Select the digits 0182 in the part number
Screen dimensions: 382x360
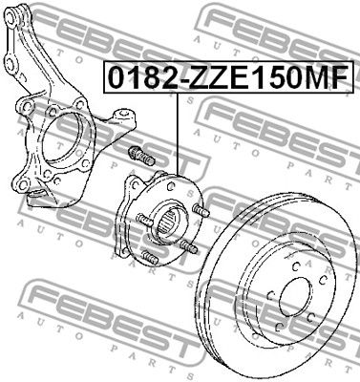click(134, 77)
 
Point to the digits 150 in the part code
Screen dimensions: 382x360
click(273, 77)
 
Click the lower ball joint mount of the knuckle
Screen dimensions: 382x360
click(42, 197)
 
